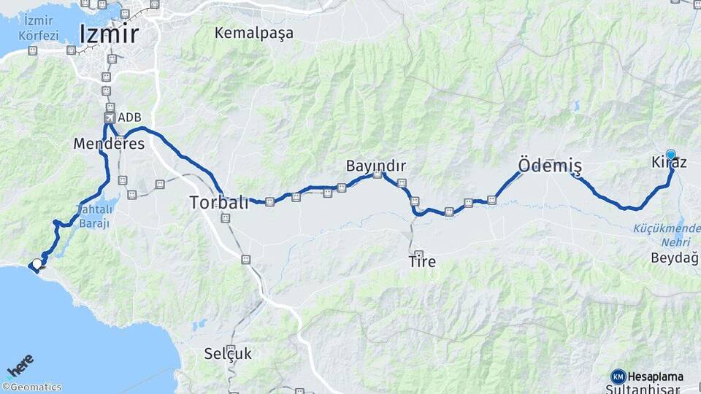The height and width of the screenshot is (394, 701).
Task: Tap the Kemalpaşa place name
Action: click(x=254, y=33)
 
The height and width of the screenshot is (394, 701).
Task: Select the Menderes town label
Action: click(x=109, y=144)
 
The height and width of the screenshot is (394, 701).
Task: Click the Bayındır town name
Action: click(x=376, y=166)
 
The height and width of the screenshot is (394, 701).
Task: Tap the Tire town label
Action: click(x=423, y=261)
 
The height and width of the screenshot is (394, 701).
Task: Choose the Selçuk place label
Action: click(x=228, y=354)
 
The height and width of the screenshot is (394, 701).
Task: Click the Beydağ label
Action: click(x=674, y=258)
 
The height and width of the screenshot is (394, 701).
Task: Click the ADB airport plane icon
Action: click(x=110, y=117)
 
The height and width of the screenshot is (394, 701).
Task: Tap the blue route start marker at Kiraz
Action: click(x=671, y=155)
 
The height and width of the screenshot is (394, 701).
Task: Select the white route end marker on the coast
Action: click(x=37, y=264)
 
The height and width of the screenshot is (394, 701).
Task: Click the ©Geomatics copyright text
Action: click(x=32, y=387)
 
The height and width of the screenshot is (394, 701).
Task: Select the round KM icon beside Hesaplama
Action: click(x=618, y=376)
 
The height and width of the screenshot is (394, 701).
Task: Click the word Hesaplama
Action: click(x=655, y=376)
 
